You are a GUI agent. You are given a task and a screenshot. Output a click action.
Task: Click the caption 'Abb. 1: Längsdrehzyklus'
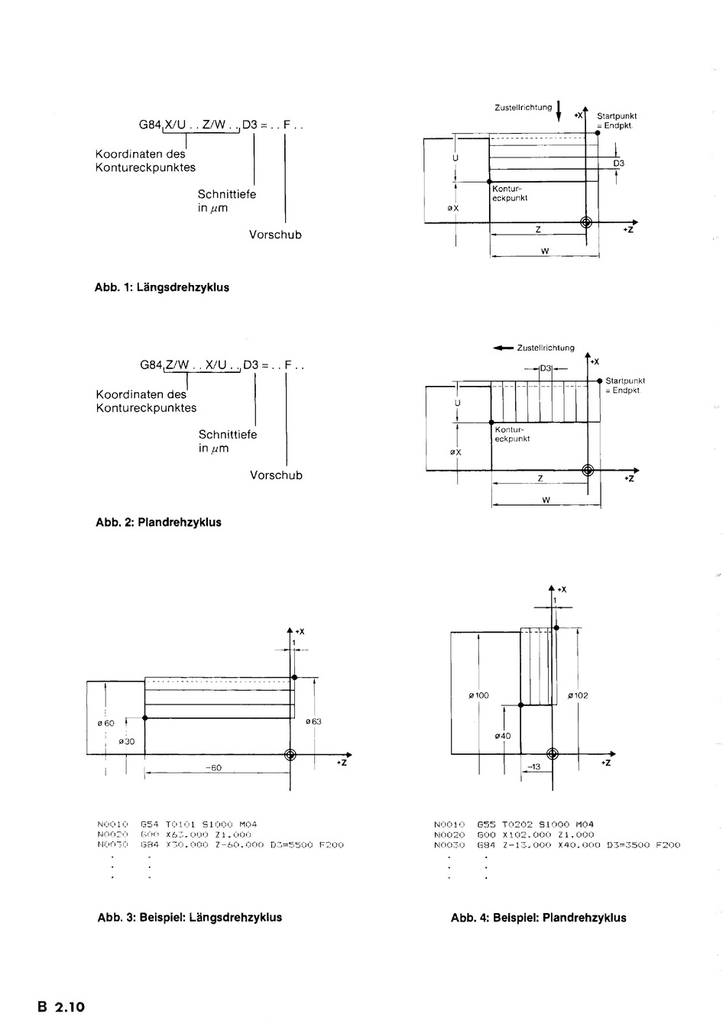162,288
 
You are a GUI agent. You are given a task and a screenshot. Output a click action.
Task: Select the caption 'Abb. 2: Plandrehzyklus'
158,523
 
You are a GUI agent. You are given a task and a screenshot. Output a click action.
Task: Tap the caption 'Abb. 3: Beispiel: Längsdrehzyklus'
190,918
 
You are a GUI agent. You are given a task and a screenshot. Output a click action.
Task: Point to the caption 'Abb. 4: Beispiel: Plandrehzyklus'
538,918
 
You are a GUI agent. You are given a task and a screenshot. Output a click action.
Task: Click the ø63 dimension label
313,721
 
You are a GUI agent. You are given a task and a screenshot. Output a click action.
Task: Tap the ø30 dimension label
127,741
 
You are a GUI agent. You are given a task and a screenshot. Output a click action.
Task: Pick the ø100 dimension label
478,695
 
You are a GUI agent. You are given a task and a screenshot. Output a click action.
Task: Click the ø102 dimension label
578,695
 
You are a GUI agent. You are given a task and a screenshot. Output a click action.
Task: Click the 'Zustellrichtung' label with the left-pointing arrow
534,348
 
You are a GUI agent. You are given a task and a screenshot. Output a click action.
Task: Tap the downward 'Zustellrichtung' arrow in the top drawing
559,110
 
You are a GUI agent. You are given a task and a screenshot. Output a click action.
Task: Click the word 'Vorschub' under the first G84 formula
275,235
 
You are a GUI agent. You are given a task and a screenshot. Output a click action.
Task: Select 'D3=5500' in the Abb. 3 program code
288,845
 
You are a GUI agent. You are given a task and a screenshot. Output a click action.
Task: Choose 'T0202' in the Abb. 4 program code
518,825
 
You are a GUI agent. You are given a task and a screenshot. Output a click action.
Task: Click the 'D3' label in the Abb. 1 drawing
619,164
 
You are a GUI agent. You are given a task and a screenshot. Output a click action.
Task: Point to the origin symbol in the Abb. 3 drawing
290,755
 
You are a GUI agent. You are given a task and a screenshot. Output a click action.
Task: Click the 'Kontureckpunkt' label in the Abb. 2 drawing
512,435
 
